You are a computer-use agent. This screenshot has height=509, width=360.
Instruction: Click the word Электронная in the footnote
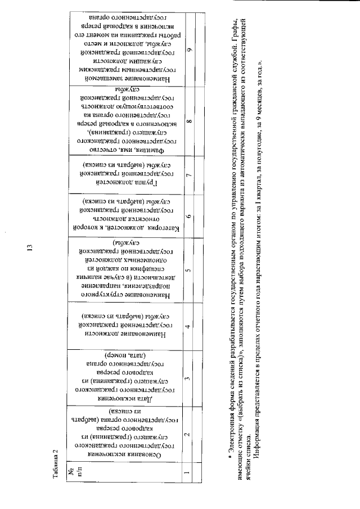coord(231,434)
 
